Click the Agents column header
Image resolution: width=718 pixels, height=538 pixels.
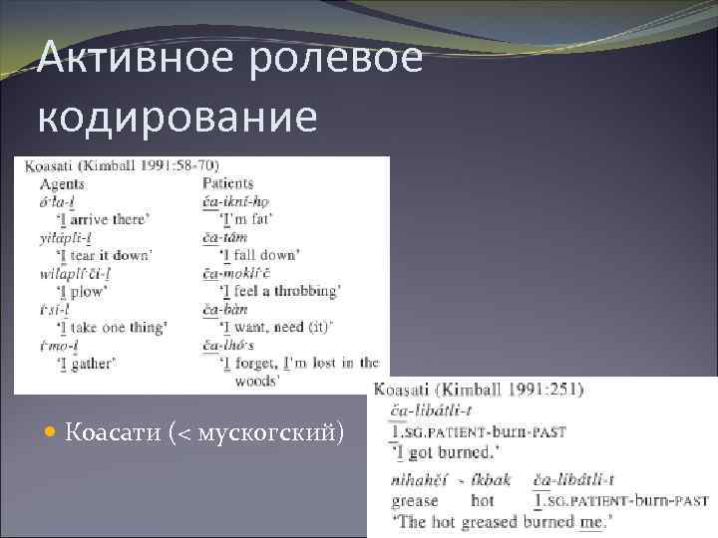[62, 183]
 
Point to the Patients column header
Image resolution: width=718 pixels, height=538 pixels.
[227, 183]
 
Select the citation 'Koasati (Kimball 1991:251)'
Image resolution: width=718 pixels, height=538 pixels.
[480, 390]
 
